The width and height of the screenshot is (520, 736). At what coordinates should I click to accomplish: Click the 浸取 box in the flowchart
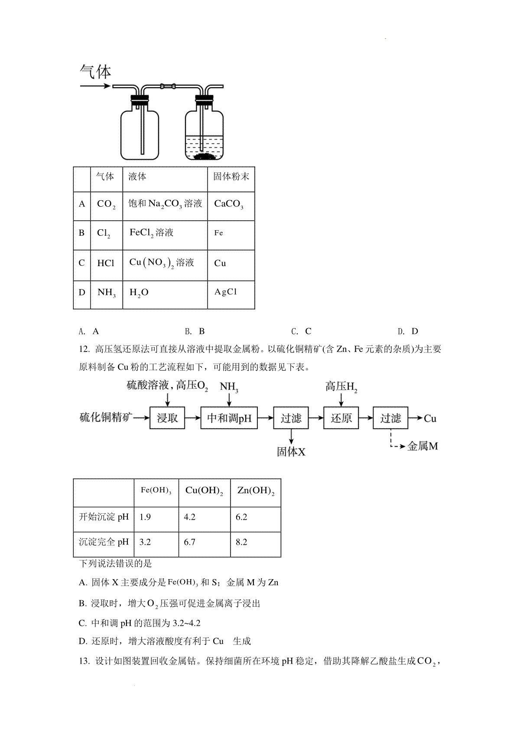pos(167,418)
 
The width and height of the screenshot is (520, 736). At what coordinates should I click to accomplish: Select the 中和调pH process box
pos(229,418)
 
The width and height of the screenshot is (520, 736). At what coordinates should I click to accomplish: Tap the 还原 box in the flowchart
pos(341,418)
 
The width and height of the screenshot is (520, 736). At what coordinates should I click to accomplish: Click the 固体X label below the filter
pos(291,452)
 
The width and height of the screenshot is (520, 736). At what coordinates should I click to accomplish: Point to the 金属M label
pos(422,446)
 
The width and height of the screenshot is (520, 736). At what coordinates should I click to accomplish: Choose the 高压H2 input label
pos(341,386)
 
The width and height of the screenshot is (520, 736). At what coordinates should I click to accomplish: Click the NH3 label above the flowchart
pos(229,387)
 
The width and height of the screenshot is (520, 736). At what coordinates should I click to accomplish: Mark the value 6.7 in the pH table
pos(189,542)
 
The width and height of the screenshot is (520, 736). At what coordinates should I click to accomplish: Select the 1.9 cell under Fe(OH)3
pos(145,517)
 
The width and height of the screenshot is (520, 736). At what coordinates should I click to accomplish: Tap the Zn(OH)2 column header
pos(256,491)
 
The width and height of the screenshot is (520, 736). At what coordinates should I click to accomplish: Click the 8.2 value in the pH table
pos(241,542)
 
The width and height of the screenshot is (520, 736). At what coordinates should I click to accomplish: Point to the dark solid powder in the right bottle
pos(205,157)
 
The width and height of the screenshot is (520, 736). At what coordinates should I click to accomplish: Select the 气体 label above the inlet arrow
pos(96,72)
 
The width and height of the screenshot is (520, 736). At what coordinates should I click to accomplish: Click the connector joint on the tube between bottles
pos(168,86)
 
